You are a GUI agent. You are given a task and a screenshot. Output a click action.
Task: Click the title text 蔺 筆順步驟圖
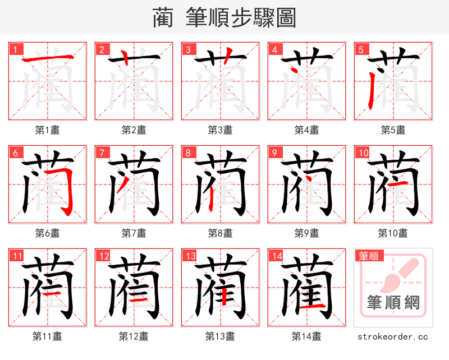pos(224,18)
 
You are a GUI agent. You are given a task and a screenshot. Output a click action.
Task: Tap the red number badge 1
pos(15,49)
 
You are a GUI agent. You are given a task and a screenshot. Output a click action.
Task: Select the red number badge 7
pos(101,153)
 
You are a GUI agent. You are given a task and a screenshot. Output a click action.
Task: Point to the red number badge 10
pos(363,153)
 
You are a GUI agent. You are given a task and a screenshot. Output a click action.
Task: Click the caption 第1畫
pos(47,130)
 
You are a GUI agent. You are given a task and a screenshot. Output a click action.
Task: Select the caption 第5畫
pos(393,130)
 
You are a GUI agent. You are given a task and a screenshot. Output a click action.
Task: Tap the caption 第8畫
pos(220,233)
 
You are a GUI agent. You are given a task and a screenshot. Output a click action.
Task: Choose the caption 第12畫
pos(134,336)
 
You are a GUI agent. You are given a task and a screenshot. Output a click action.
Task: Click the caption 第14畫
pos(306,336)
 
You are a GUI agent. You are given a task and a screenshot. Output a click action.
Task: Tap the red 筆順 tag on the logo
pos(369,256)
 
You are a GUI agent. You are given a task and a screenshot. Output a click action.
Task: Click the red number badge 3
pos(187,49)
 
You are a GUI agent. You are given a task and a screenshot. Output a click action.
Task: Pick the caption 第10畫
pos(393,233)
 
